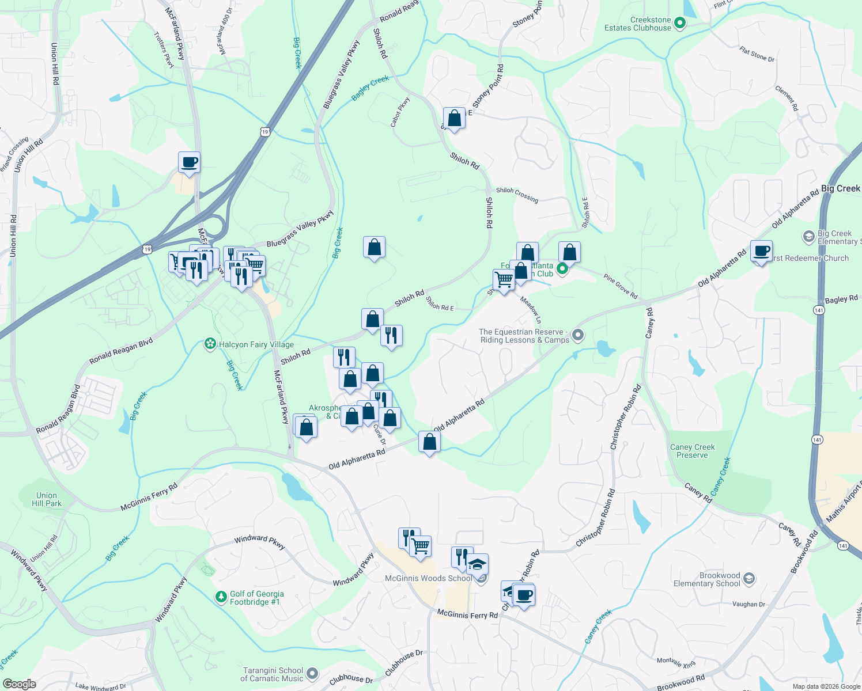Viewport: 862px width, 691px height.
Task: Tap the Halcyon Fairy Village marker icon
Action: click(x=210, y=344)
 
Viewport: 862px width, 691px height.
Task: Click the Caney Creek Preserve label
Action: click(x=692, y=451)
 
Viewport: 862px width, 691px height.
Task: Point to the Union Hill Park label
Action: click(x=47, y=499)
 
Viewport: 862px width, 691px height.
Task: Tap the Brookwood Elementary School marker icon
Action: click(x=748, y=579)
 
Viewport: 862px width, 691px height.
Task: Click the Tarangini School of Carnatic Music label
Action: click(x=273, y=674)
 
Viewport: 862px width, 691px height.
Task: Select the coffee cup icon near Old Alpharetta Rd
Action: click(x=761, y=252)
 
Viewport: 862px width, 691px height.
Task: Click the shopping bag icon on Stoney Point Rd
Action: click(x=454, y=119)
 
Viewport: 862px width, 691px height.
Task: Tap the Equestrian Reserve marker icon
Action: click(x=579, y=335)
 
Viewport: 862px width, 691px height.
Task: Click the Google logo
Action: click(x=19, y=684)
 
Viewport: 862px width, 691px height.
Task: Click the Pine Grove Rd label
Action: click(x=621, y=286)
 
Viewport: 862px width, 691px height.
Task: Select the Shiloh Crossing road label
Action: click(x=517, y=195)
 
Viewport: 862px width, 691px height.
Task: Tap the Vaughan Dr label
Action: click(x=748, y=604)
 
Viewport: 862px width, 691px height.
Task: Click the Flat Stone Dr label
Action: click(x=757, y=55)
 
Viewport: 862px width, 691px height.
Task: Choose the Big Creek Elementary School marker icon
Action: click(x=808, y=236)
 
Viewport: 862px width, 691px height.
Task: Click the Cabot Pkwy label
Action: click(x=400, y=112)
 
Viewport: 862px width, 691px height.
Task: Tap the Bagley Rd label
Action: click(x=841, y=299)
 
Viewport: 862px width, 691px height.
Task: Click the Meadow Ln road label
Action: click(x=531, y=309)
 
